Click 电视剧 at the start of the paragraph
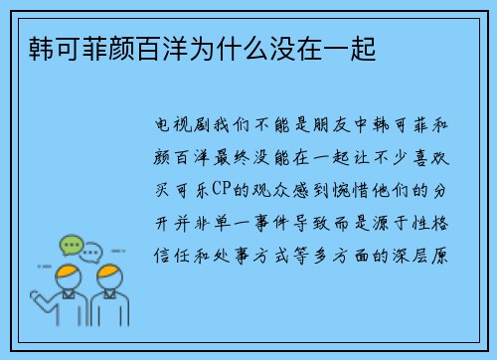(x=183, y=128)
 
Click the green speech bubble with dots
(x=71, y=244)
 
